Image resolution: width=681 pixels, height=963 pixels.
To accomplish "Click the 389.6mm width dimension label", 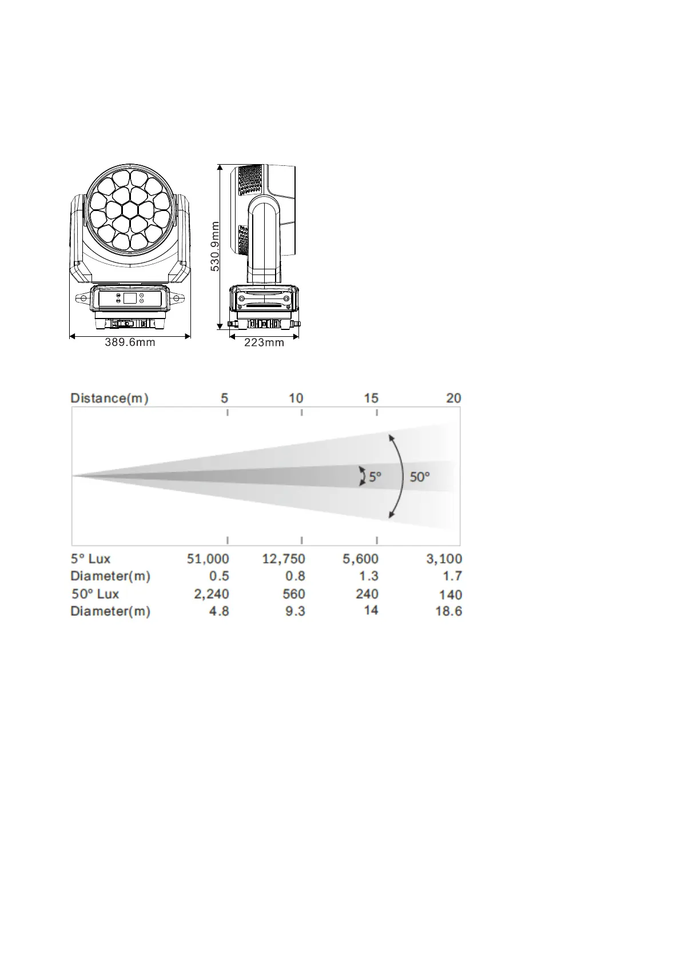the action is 130,342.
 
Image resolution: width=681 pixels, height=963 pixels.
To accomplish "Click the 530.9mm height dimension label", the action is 215,246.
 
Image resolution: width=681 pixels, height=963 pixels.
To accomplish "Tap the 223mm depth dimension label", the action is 264,343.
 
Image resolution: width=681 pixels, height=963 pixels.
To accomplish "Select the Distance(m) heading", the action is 109,398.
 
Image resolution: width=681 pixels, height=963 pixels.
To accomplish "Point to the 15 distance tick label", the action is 372,398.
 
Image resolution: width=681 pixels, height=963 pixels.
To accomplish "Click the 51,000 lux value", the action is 208,559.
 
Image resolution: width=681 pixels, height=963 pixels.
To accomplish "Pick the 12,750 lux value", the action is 284,559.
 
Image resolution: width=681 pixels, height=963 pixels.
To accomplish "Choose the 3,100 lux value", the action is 444,559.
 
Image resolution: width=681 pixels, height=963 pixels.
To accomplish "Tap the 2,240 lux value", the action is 212,594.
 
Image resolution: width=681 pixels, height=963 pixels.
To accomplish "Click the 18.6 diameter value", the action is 449,611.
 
